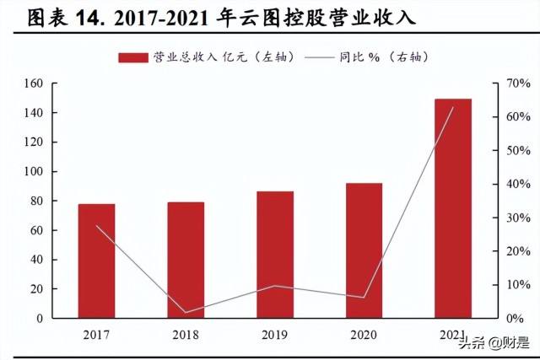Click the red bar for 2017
click(x=96, y=261)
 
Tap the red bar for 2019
click(x=275, y=255)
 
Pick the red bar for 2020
click(x=364, y=250)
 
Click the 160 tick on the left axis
click(x=33, y=83)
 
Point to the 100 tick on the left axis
click(x=33, y=172)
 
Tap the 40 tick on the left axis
click(x=35, y=260)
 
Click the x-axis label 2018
click(x=186, y=335)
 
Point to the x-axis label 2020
click(x=364, y=335)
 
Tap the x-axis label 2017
click(x=96, y=335)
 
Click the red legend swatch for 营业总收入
click(x=133, y=57)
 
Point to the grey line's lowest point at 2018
click(x=186, y=313)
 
